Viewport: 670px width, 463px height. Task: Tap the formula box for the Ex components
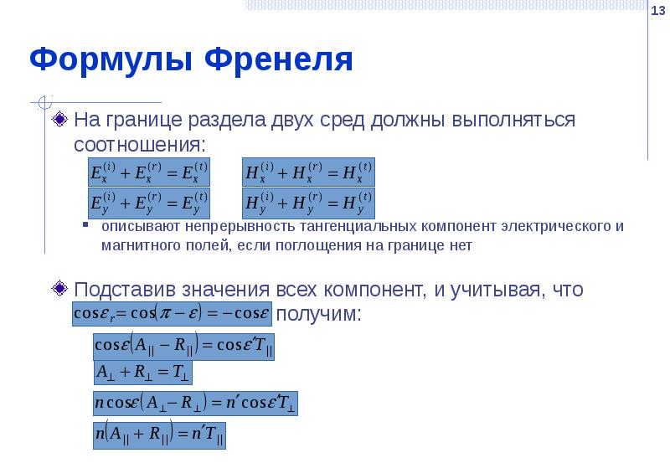click(149, 172)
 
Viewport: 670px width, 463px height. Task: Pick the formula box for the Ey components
click(149, 203)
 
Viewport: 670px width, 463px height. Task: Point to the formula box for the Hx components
click(309, 172)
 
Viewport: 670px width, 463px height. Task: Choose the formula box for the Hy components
click(309, 203)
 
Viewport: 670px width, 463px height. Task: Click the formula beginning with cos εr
click(173, 313)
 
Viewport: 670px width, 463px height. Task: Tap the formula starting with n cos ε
click(195, 404)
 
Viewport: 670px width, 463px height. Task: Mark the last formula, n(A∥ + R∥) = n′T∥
click(159, 435)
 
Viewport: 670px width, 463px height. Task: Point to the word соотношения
click(139, 144)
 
